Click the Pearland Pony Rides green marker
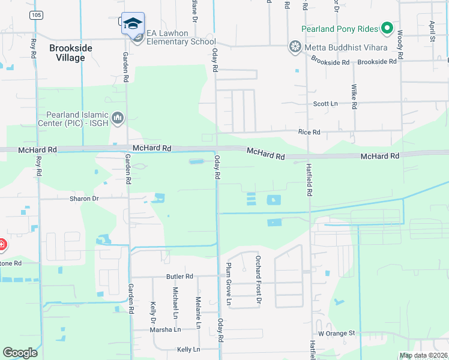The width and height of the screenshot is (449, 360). [387, 28]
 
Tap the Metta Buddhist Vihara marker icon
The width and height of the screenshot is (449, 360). [295, 46]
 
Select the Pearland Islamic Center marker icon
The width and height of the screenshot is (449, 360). [116, 118]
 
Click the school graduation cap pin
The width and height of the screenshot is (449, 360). [133, 23]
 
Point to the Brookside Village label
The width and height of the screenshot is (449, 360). [76, 53]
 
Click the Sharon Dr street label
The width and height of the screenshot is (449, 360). [83, 198]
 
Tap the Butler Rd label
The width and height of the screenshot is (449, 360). [179, 277]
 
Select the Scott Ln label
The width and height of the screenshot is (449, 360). [326, 104]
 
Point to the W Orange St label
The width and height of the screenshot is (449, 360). [337, 332]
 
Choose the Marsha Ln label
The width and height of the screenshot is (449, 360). [165, 329]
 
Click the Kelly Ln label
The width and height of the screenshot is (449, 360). [188, 349]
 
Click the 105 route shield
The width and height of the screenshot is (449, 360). [37, 14]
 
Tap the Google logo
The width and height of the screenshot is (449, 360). [20, 353]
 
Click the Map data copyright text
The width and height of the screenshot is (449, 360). [422, 355]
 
